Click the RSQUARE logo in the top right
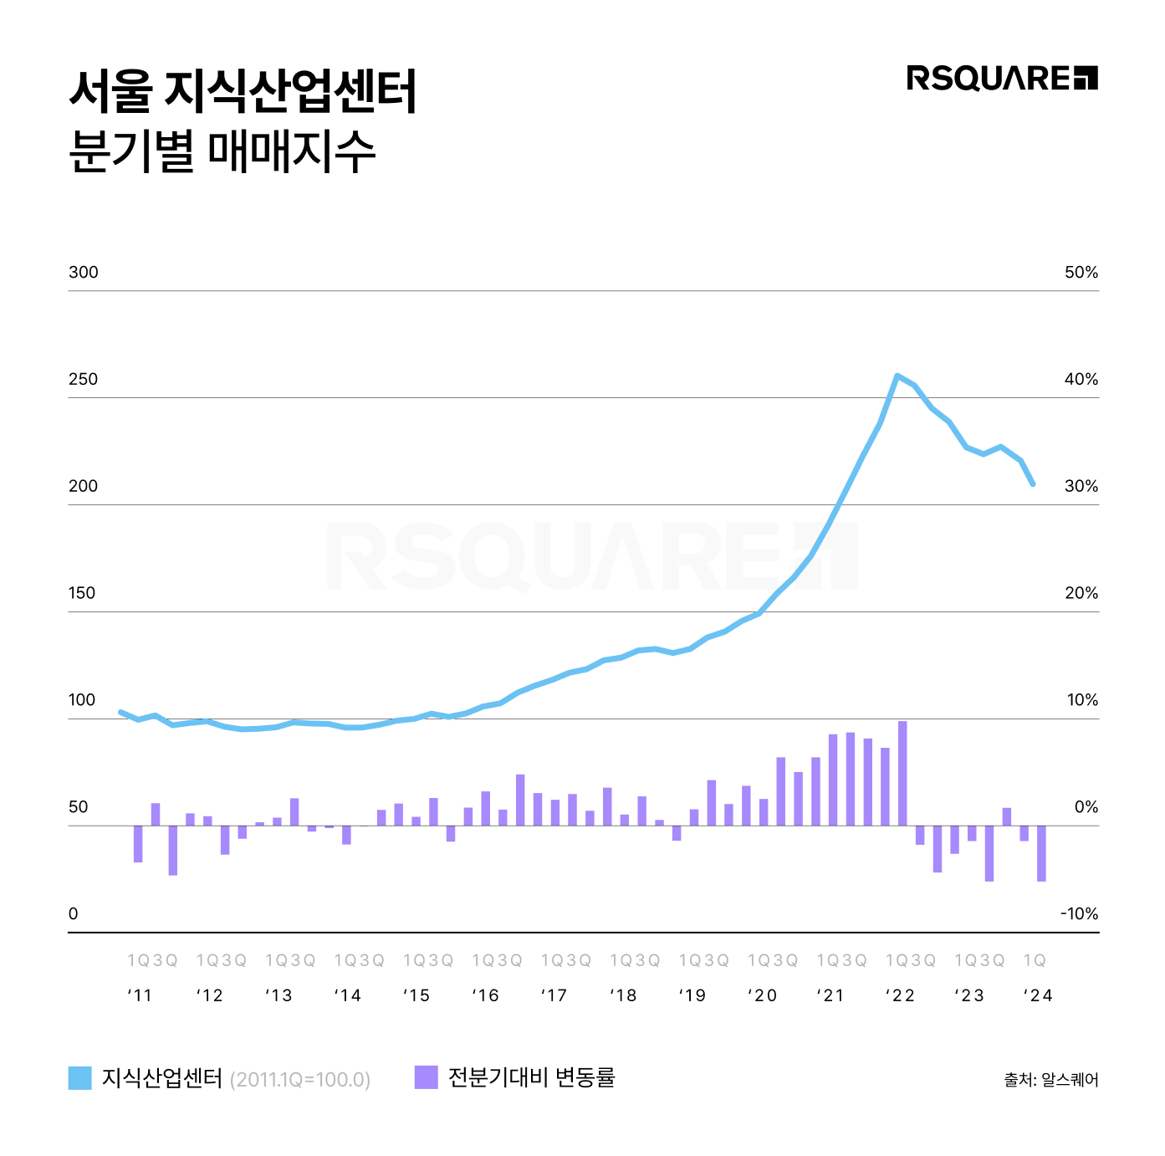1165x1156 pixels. pyautogui.click(x=1001, y=78)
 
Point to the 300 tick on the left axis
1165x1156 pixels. pyautogui.click(x=83, y=273)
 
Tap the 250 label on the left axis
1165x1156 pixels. pyautogui.click(x=83, y=380)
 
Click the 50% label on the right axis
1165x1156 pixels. pyautogui.click(x=1081, y=273)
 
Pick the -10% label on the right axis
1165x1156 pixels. pyautogui.click(x=1079, y=914)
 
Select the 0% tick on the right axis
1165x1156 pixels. pyautogui.click(x=1086, y=807)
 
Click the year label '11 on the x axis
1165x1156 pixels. pyautogui.click(x=140, y=995)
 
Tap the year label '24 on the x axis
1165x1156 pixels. pyautogui.click(x=1038, y=995)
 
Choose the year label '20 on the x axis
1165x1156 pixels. pyautogui.click(x=762, y=995)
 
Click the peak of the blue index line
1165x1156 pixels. pyautogui.click(x=897, y=376)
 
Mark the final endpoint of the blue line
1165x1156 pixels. pyautogui.click(x=1034, y=484)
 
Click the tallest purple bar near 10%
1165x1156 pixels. pyautogui.click(x=902, y=773)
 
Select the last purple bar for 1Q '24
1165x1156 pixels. pyautogui.click(x=1041, y=853)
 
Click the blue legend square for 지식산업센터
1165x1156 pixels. pyautogui.click(x=79, y=1078)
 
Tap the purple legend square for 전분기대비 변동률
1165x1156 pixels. pyautogui.click(x=426, y=1077)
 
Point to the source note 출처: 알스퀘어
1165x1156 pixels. pyautogui.click(x=1050, y=1080)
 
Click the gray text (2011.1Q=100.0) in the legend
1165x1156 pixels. pyautogui.click(x=299, y=1080)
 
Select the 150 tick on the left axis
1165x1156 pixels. pyautogui.click(x=82, y=594)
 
